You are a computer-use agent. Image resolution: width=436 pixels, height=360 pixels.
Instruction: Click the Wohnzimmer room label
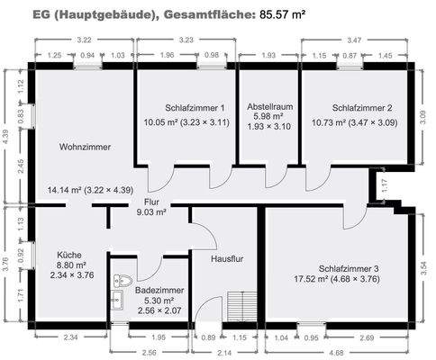pos(86,146)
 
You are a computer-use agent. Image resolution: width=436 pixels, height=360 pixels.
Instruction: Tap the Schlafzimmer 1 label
pos(195,107)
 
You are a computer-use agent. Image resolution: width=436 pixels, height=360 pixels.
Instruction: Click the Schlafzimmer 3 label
pos(350,268)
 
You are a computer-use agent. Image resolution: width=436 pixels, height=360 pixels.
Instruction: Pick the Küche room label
pos(69,255)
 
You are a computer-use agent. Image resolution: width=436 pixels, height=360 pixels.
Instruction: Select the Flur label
pos(151,202)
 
